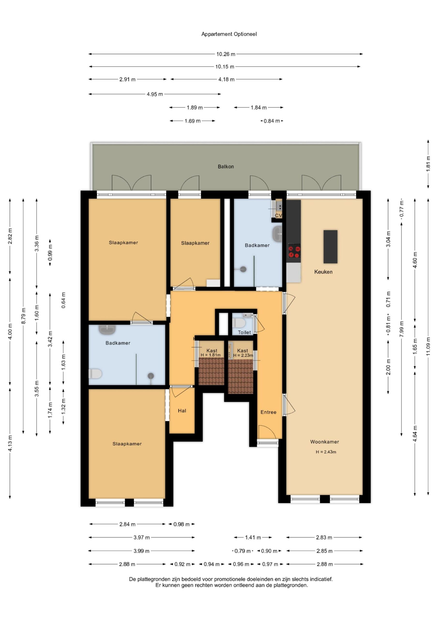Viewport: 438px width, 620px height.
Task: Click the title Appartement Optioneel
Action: click(x=229, y=34)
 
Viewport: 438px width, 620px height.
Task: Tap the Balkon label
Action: click(x=226, y=167)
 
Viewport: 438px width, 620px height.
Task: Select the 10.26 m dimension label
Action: click(x=226, y=54)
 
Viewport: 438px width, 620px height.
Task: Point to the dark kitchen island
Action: click(x=330, y=247)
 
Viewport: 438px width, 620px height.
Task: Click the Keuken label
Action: click(x=323, y=272)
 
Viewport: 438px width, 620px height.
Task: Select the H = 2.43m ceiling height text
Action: click(x=326, y=452)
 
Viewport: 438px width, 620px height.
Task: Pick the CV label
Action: click(x=278, y=216)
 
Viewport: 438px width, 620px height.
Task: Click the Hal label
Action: click(x=182, y=411)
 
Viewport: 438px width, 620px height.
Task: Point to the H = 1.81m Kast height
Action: click(x=211, y=355)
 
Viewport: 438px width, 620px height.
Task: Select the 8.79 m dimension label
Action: click(x=23, y=316)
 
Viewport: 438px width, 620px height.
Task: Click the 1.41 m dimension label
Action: click(x=253, y=537)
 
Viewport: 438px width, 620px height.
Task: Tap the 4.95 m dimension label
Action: click(x=155, y=94)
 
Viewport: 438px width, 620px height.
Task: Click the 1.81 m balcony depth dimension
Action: click(x=428, y=164)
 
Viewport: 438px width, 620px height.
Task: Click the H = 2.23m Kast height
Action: click(x=243, y=355)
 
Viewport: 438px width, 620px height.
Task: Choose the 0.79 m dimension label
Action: click(x=242, y=551)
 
